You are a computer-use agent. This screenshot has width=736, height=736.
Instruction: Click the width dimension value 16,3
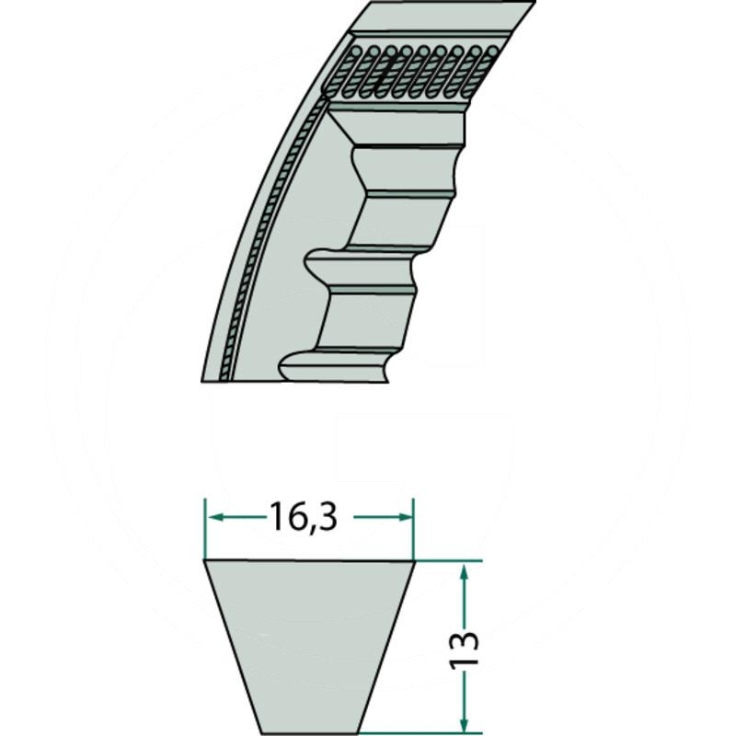[305, 518]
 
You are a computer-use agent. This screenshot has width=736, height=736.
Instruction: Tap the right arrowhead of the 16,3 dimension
[407, 518]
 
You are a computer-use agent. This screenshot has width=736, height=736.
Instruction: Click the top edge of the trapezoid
[309, 561]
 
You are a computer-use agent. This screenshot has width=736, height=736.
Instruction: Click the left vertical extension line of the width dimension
[204, 529]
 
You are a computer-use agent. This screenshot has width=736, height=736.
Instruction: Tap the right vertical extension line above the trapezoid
[414, 529]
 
